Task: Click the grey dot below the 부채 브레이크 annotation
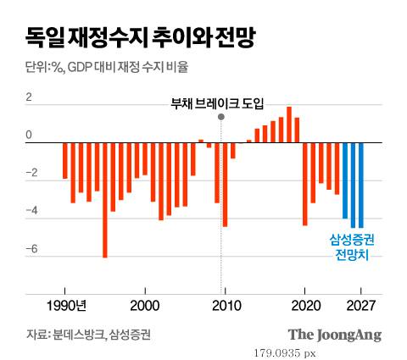pos(221,116)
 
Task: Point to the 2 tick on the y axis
pos(30,97)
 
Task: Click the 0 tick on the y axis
pos(30,136)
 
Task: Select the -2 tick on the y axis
pos(32,174)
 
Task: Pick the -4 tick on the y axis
pos(32,212)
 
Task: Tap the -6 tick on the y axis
pos(32,250)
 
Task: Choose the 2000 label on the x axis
pos(145,304)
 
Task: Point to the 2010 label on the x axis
pos(225,304)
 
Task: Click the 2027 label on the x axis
pos(361,304)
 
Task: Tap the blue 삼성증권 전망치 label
pos(352,246)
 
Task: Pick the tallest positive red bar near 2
pos(289,125)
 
